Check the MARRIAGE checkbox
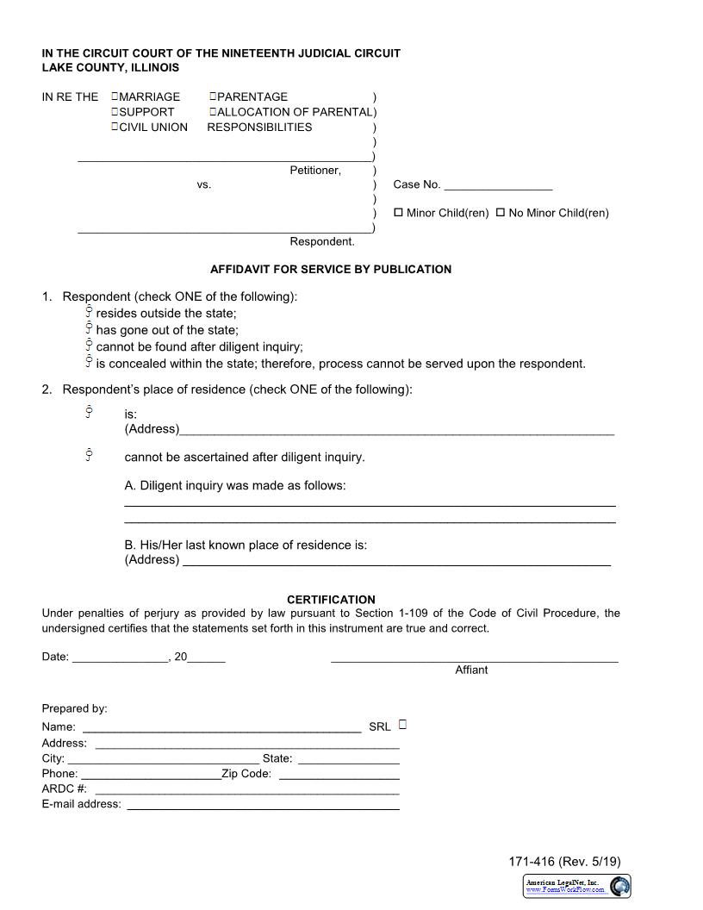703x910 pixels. (115, 97)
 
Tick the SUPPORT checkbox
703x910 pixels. (115, 112)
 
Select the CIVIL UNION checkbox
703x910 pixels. (115, 128)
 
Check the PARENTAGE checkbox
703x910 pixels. (213, 97)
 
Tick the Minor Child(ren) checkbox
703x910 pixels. (399, 212)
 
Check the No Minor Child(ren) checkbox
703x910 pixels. (501, 212)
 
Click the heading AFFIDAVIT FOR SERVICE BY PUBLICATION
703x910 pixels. (331, 269)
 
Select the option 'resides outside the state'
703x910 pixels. (89, 312)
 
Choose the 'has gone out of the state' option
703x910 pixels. (89, 328)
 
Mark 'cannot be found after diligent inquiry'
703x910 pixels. (89, 346)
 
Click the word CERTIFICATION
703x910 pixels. (331, 600)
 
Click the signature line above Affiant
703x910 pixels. (474, 659)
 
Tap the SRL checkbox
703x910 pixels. (402, 725)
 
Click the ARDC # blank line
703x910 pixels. (246, 791)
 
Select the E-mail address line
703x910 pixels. (263, 807)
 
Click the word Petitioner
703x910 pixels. (315, 171)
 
